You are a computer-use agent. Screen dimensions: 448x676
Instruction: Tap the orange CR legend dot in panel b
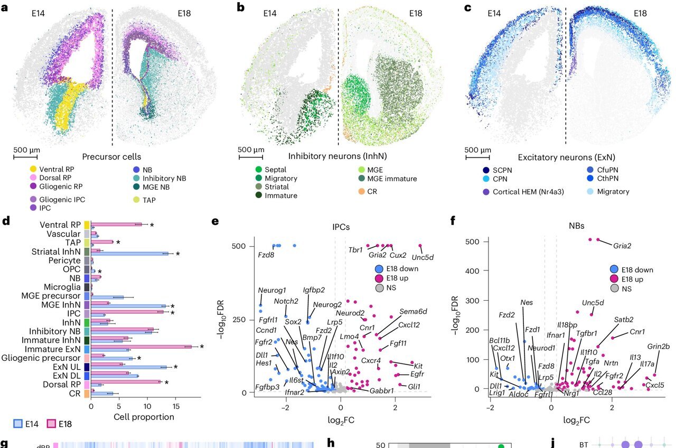coord(361,191)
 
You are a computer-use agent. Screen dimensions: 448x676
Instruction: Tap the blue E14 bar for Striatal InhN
coord(130,254)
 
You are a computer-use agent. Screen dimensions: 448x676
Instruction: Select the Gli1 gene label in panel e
coord(414,387)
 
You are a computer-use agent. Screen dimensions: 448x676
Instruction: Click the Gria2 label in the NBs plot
coord(622,245)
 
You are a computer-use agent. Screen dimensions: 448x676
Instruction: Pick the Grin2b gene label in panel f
coord(658,347)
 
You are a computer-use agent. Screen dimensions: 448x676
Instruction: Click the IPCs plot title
coord(341,227)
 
